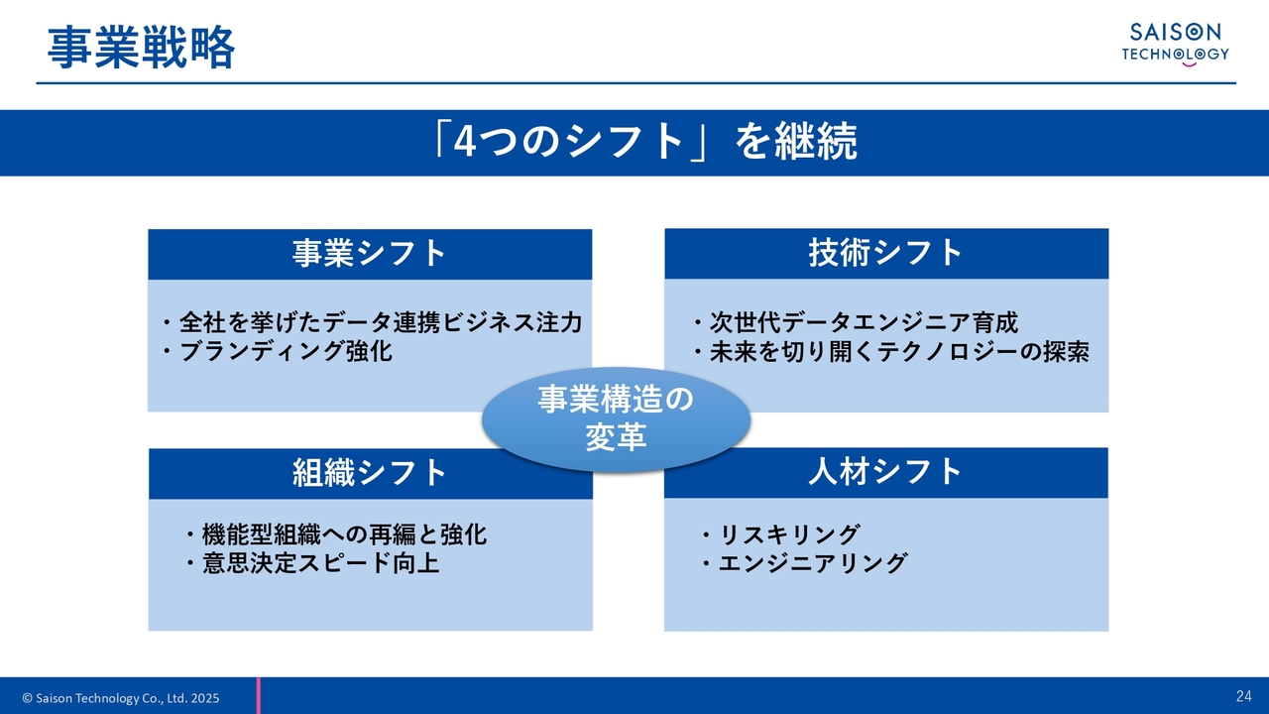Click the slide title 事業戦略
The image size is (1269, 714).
[141, 48]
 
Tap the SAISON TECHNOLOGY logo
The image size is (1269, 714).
[1176, 45]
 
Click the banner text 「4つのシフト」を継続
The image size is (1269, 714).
[644, 142]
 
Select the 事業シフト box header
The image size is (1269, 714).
[370, 254]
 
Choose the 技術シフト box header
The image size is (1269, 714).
[886, 253]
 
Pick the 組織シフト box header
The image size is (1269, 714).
[371, 474]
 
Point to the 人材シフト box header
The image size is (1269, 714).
[886, 473]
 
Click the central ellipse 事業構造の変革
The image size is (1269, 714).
[617, 419]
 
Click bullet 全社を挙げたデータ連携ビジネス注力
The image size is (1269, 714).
[372, 323]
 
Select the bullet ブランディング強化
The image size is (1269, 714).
[277, 351]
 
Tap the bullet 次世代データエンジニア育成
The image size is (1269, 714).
[856, 323]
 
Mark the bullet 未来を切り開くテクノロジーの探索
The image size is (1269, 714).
[890, 352]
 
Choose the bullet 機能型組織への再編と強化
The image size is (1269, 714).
[335, 535]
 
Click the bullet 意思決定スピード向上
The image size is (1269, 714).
[311, 563]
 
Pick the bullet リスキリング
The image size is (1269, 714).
[780, 535]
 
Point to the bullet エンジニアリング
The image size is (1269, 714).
[804, 563]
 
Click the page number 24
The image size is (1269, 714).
[1244, 696]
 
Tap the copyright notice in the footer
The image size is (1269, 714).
[121, 698]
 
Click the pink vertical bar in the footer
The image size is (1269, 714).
[259, 696]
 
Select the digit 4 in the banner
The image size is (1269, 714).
[463, 142]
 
